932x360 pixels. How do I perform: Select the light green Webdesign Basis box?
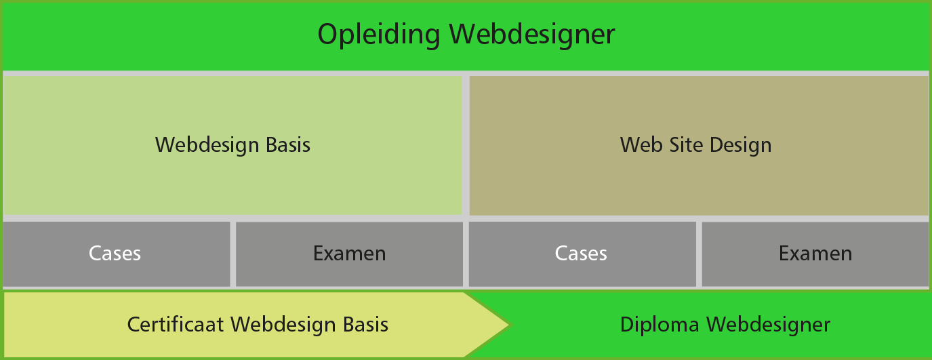point(232,145)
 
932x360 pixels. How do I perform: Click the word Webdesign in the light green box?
point(207,145)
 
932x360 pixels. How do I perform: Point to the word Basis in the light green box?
point(288,145)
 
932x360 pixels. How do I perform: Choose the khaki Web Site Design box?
point(699,145)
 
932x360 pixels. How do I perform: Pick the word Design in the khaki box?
point(741,146)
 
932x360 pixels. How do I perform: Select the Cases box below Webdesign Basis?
point(117,254)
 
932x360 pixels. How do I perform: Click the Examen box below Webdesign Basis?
point(350,254)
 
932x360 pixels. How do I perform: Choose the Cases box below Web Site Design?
point(582,254)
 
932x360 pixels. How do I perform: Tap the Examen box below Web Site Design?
point(815,254)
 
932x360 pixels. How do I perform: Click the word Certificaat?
point(176,324)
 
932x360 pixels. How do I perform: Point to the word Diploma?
point(660,325)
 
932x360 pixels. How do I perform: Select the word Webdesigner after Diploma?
point(768,325)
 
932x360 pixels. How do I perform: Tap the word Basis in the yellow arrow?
point(366,324)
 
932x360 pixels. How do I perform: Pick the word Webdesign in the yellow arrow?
point(283,325)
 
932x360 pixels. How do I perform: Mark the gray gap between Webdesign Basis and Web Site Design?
point(466,145)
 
